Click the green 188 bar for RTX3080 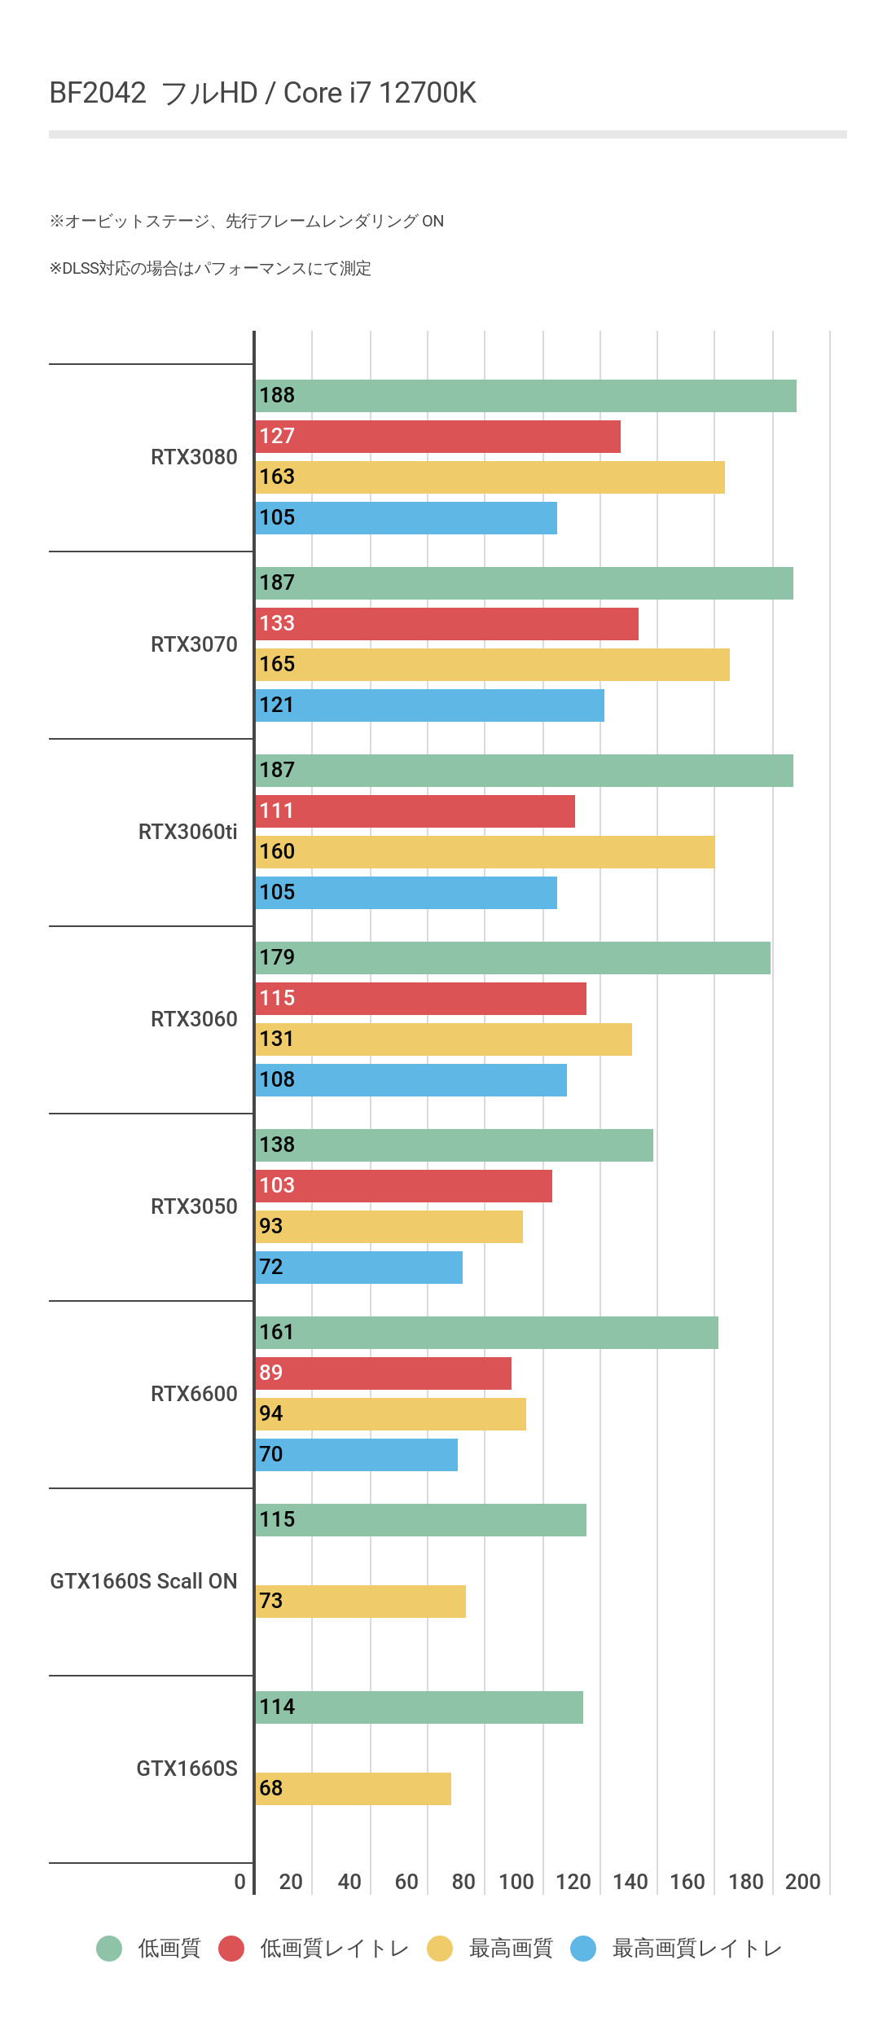(x=525, y=396)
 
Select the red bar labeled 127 (x=437, y=437)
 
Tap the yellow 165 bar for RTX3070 (x=492, y=665)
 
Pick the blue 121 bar (x=429, y=705)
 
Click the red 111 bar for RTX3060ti (x=415, y=811)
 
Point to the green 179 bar (x=512, y=958)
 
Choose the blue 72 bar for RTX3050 (x=358, y=1268)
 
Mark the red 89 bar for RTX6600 (x=383, y=1373)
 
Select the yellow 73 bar (x=360, y=1602)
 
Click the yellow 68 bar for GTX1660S (x=353, y=1789)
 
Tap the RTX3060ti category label (x=187, y=832)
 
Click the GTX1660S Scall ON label (x=143, y=1581)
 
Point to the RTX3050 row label (x=194, y=1206)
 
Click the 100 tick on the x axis (x=516, y=1882)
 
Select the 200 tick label (x=802, y=1882)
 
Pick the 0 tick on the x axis (x=239, y=1882)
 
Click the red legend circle (x=231, y=1949)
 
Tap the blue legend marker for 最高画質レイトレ (x=583, y=1949)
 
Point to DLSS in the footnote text (x=81, y=269)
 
